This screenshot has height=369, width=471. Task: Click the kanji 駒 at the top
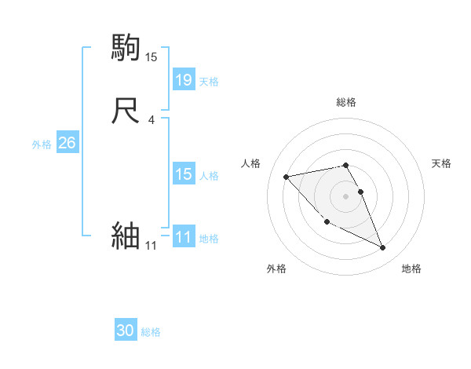coord(126,48)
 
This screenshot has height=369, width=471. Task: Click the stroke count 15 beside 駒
coord(152,57)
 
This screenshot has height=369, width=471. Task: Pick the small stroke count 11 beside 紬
coord(151,246)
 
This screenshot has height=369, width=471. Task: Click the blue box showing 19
coord(184,80)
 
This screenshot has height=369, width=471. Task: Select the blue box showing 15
coord(184,175)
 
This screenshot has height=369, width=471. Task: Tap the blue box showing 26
coord(67,143)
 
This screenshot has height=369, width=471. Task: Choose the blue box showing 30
coord(126,331)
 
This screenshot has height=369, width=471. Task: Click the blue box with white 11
coord(184,238)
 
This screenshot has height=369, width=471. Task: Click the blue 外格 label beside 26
coord(42,144)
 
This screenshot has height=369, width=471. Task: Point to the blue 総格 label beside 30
coord(151,333)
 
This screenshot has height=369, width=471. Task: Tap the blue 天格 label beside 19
coord(209,82)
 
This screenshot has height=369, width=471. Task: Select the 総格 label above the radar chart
coord(346,102)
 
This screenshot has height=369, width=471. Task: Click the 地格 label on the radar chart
coord(411,269)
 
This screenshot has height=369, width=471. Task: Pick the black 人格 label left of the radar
coord(251,163)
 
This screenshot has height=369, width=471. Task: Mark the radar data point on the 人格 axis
coord(286,176)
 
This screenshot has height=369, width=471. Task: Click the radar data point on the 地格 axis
coord(383,248)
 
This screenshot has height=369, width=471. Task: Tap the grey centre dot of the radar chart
coord(346,195)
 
